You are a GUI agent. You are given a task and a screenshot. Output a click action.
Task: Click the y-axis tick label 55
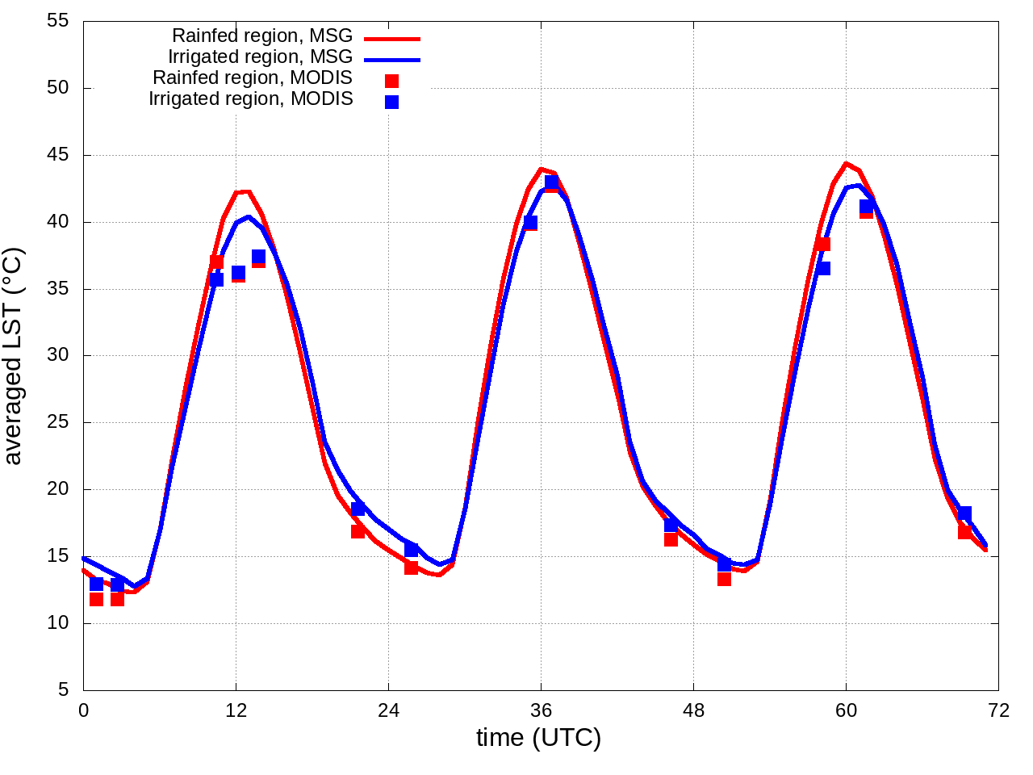tap(58, 22)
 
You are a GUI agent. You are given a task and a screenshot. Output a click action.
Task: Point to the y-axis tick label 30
tap(58, 356)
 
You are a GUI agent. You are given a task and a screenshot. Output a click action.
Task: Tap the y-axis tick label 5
tap(63, 690)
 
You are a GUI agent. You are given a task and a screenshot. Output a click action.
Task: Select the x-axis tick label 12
tap(236, 710)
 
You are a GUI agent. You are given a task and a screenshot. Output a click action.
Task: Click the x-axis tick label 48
tap(693, 710)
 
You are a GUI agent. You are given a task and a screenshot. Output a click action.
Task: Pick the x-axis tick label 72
tap(998, 710)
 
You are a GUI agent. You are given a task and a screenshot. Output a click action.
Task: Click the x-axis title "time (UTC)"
tap(538, 738)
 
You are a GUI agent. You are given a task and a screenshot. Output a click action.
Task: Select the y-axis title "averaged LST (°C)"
tap(14, 356)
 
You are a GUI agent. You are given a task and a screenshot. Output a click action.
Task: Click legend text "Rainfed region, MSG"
tap(262, 36)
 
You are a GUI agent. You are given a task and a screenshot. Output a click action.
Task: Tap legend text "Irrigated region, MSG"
tap(260, 57)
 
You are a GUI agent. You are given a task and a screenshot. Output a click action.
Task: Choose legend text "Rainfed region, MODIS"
tap(253, 78)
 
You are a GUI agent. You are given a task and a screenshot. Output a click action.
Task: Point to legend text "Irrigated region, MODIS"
tap(251, 99)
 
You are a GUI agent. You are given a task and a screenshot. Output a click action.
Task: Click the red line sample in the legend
tap(392, 38)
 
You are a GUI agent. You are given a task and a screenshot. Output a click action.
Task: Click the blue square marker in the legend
tap(391, 102)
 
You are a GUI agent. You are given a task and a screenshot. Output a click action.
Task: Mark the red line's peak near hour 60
tap(846, 163)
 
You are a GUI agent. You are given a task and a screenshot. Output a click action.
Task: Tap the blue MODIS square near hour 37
tap(552, 182)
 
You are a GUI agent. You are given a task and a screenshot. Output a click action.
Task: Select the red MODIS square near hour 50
tap(724, 578)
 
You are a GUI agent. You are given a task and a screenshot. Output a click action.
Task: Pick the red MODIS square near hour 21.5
tap(358, 530)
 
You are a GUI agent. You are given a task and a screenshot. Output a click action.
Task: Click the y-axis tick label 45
tap(58, 155)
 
